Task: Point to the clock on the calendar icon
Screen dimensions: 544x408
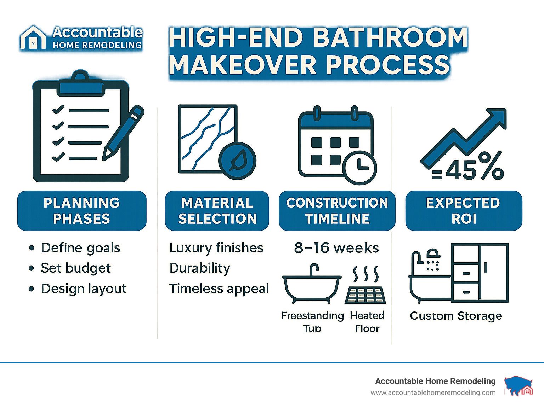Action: click(359, 168)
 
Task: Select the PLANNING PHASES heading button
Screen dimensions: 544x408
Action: click(82, 211)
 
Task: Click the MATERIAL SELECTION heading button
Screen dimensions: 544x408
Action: click(217, 211)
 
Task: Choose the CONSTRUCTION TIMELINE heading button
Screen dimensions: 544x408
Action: click(337, 211)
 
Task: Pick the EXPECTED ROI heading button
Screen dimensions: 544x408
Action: click(464, 211)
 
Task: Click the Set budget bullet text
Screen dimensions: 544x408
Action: click(75, 269)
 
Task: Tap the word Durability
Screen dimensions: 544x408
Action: click(200, 269)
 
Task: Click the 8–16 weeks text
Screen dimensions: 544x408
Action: click(336, 248)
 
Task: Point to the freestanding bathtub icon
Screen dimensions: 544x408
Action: click(312, 284)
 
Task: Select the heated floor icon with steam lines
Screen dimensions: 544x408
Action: click(365, 285)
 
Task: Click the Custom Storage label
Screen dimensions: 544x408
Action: click(456, 316)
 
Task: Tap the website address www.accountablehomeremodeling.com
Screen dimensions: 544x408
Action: click(433, 393)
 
